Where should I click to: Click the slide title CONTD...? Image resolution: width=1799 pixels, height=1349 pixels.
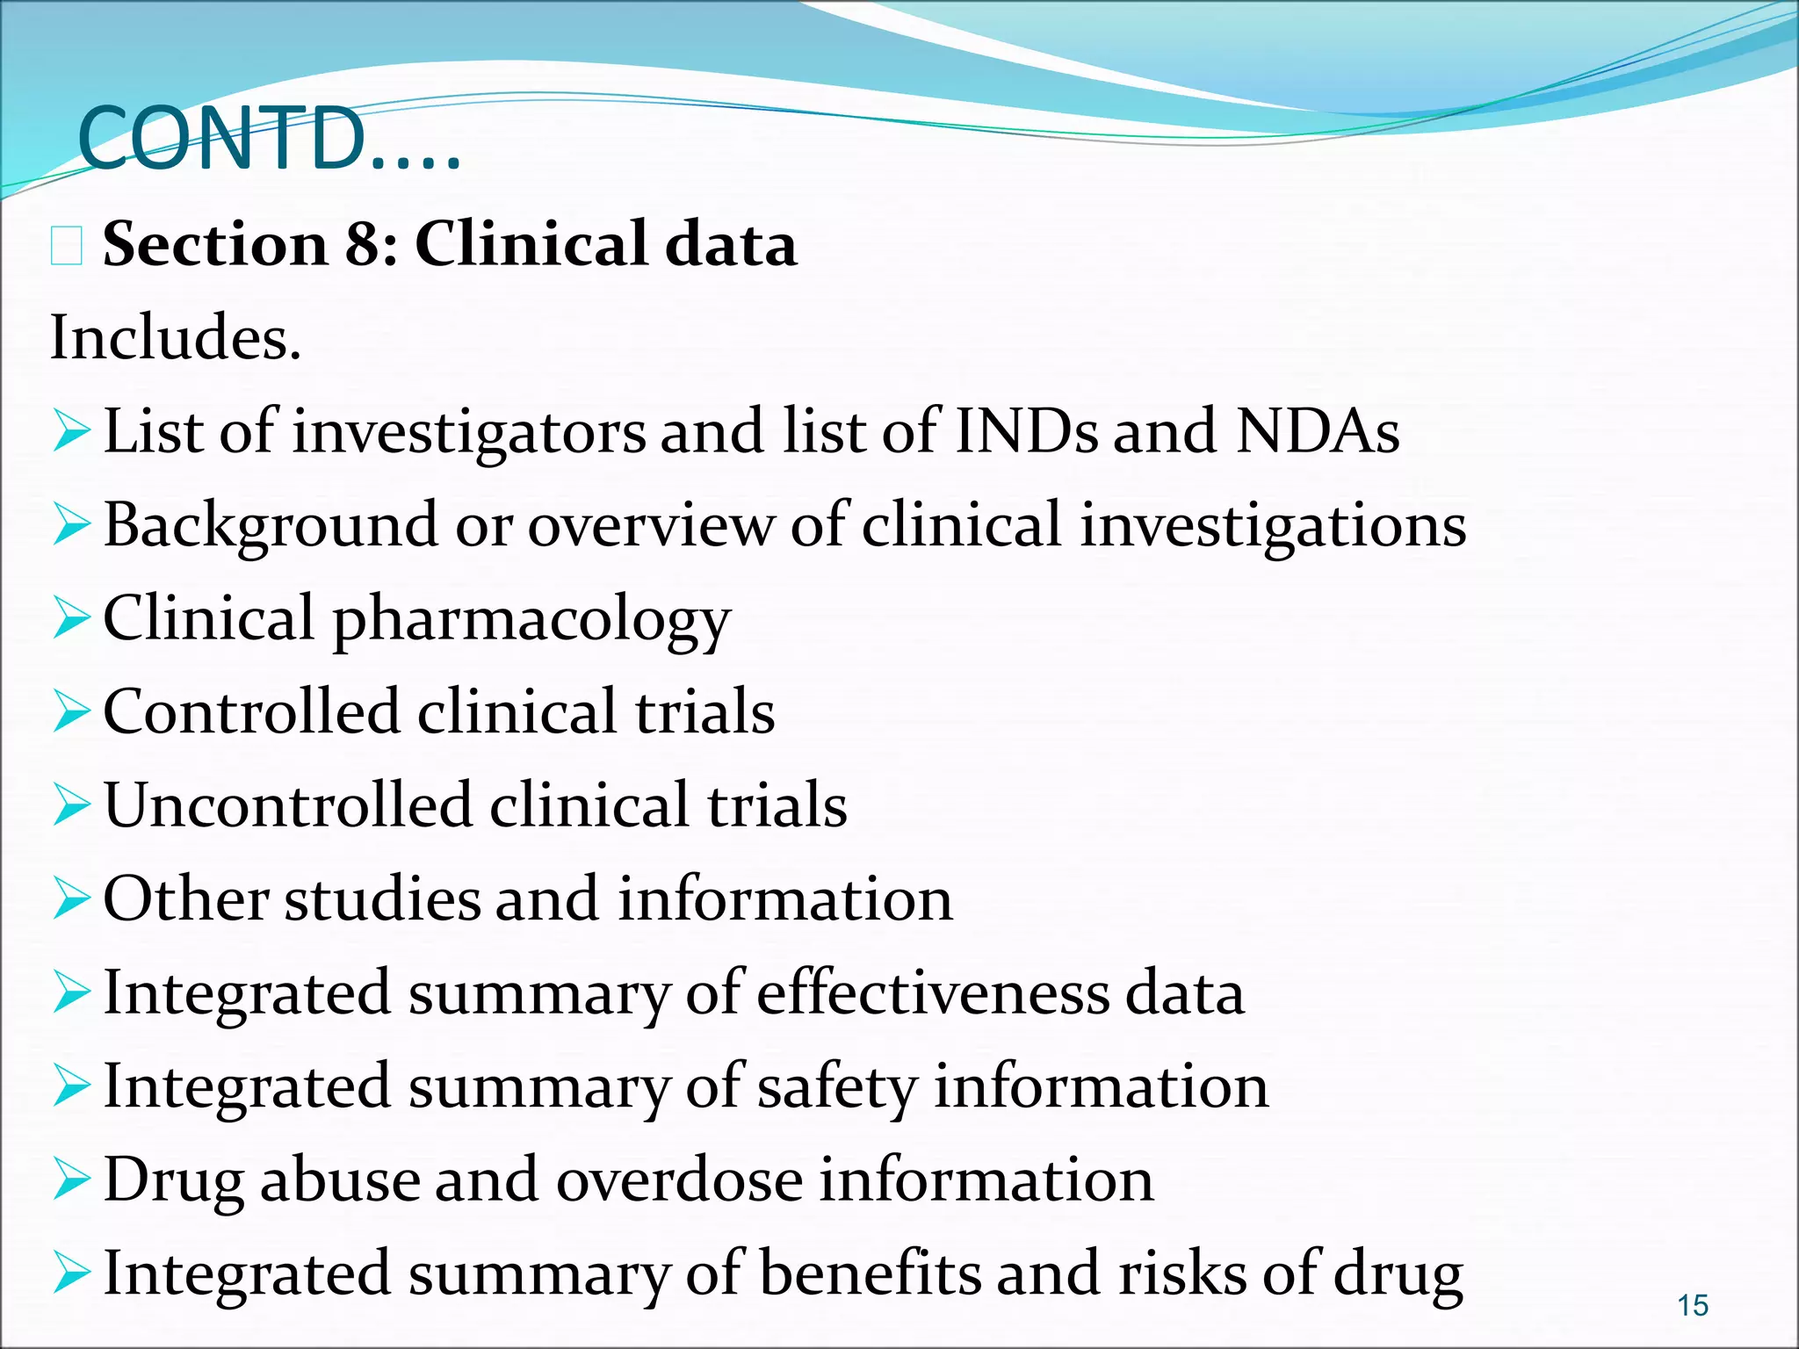tap(268, 139)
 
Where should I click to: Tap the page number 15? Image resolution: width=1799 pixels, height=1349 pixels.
tap(1693, 1305)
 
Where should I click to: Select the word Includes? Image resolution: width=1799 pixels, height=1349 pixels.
tap(175, 337)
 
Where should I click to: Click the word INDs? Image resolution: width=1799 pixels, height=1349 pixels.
tap(1025, 431)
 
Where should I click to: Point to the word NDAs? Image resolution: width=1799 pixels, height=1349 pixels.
tap(1318, 431)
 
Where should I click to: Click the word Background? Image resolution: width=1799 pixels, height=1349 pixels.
tap(270, 525)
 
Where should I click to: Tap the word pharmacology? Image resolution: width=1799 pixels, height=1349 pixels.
tap(531, 620)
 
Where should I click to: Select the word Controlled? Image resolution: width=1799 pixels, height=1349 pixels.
tap(251, 711)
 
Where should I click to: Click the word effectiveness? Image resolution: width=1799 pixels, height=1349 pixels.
tap(933, 992)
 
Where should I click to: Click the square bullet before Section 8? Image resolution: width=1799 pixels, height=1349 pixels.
tap(67, 245)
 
